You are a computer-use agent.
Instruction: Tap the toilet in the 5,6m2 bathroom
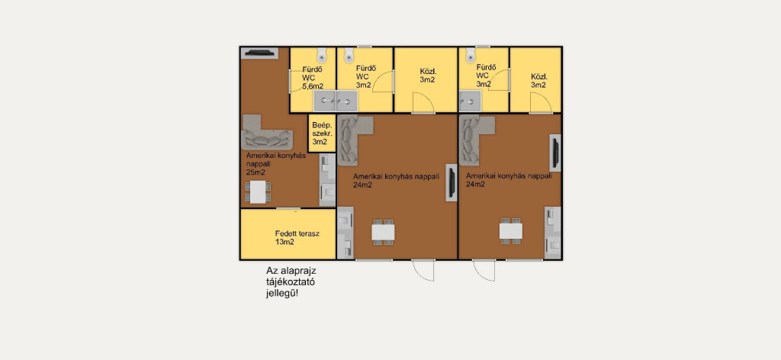pyautogui.click(x=321, y=54)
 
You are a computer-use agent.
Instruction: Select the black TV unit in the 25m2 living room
pyautogui.click(x=259, y=53)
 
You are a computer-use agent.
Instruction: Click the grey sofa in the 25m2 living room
pyautogui.click(x=265, y=131)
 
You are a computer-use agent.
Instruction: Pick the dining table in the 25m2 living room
pyautogui.click(x=258, y=191)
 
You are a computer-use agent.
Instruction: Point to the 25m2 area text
pyautogui.click(x=256, y=172)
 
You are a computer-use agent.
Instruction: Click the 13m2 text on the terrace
pyautogui.click(x=284, y=243)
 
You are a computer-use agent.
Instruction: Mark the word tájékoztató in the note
pyautogui.click(x=291, y=282)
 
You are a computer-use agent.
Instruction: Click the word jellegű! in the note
pyautogui.click(x=283, y=294)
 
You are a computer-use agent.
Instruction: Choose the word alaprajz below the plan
pyautogui.click(x=298, y=272)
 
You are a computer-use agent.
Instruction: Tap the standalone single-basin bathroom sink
pyautogui.click(x=470, y=101)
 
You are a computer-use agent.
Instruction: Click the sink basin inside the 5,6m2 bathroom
pyautogui.click(x=325, y=101)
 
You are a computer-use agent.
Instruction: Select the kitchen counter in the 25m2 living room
pyautogui.click(x=327, y=180)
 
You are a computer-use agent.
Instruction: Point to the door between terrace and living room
pyautogui.click(x=288, y=209)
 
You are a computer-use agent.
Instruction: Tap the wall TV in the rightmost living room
pyautogui.click(x=555, y=153)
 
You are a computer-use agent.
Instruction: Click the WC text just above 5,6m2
pyautogui.click(x=308, y=78)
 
